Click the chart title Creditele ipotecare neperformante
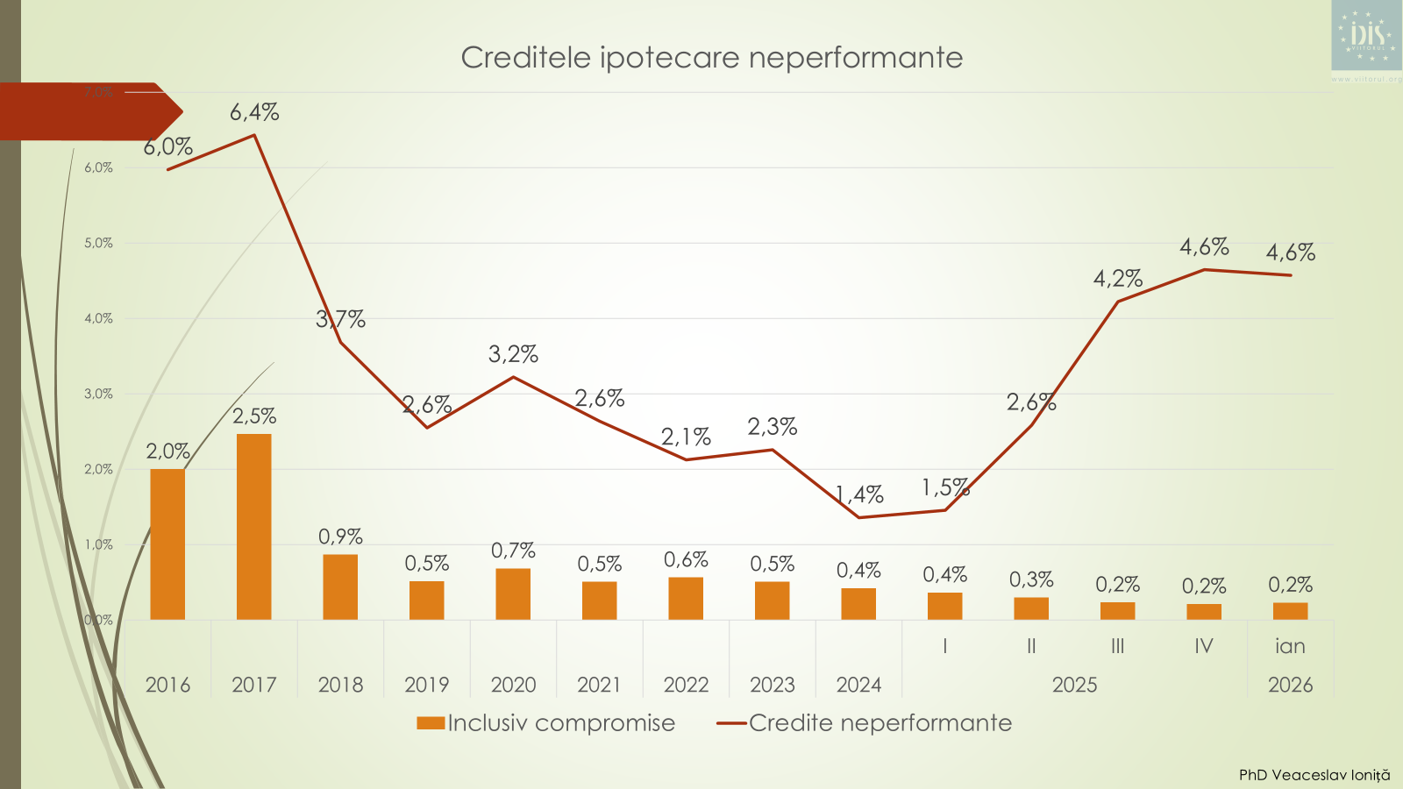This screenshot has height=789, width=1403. (711, 58)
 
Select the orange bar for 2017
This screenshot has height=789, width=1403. (253, 526)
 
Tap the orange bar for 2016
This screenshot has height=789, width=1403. (167, 544)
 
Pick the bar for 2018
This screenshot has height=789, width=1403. (340, 586)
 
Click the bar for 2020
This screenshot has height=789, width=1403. (513, 594)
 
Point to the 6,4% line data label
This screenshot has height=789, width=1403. (254, 112)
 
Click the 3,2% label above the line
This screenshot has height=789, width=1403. (513, 354)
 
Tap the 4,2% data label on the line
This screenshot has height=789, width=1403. (1117, 279)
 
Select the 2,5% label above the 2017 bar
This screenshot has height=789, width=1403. (254, 416)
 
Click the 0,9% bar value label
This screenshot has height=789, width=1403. (340, 536)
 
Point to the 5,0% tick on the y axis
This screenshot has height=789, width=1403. (99, 243)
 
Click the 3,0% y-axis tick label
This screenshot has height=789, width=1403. (99, 394)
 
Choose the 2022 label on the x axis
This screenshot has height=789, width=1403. (686, 685)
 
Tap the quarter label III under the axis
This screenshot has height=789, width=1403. (1117, 646)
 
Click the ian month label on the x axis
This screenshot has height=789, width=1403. (1290, 646)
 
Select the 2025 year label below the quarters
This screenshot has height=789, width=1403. (1074, 685)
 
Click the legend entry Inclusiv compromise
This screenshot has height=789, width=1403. (561, 723)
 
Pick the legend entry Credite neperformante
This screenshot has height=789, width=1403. (880, 723)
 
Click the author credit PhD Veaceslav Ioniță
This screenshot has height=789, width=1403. (1314, 775)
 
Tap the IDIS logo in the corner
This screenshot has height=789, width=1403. (1366, 36)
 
